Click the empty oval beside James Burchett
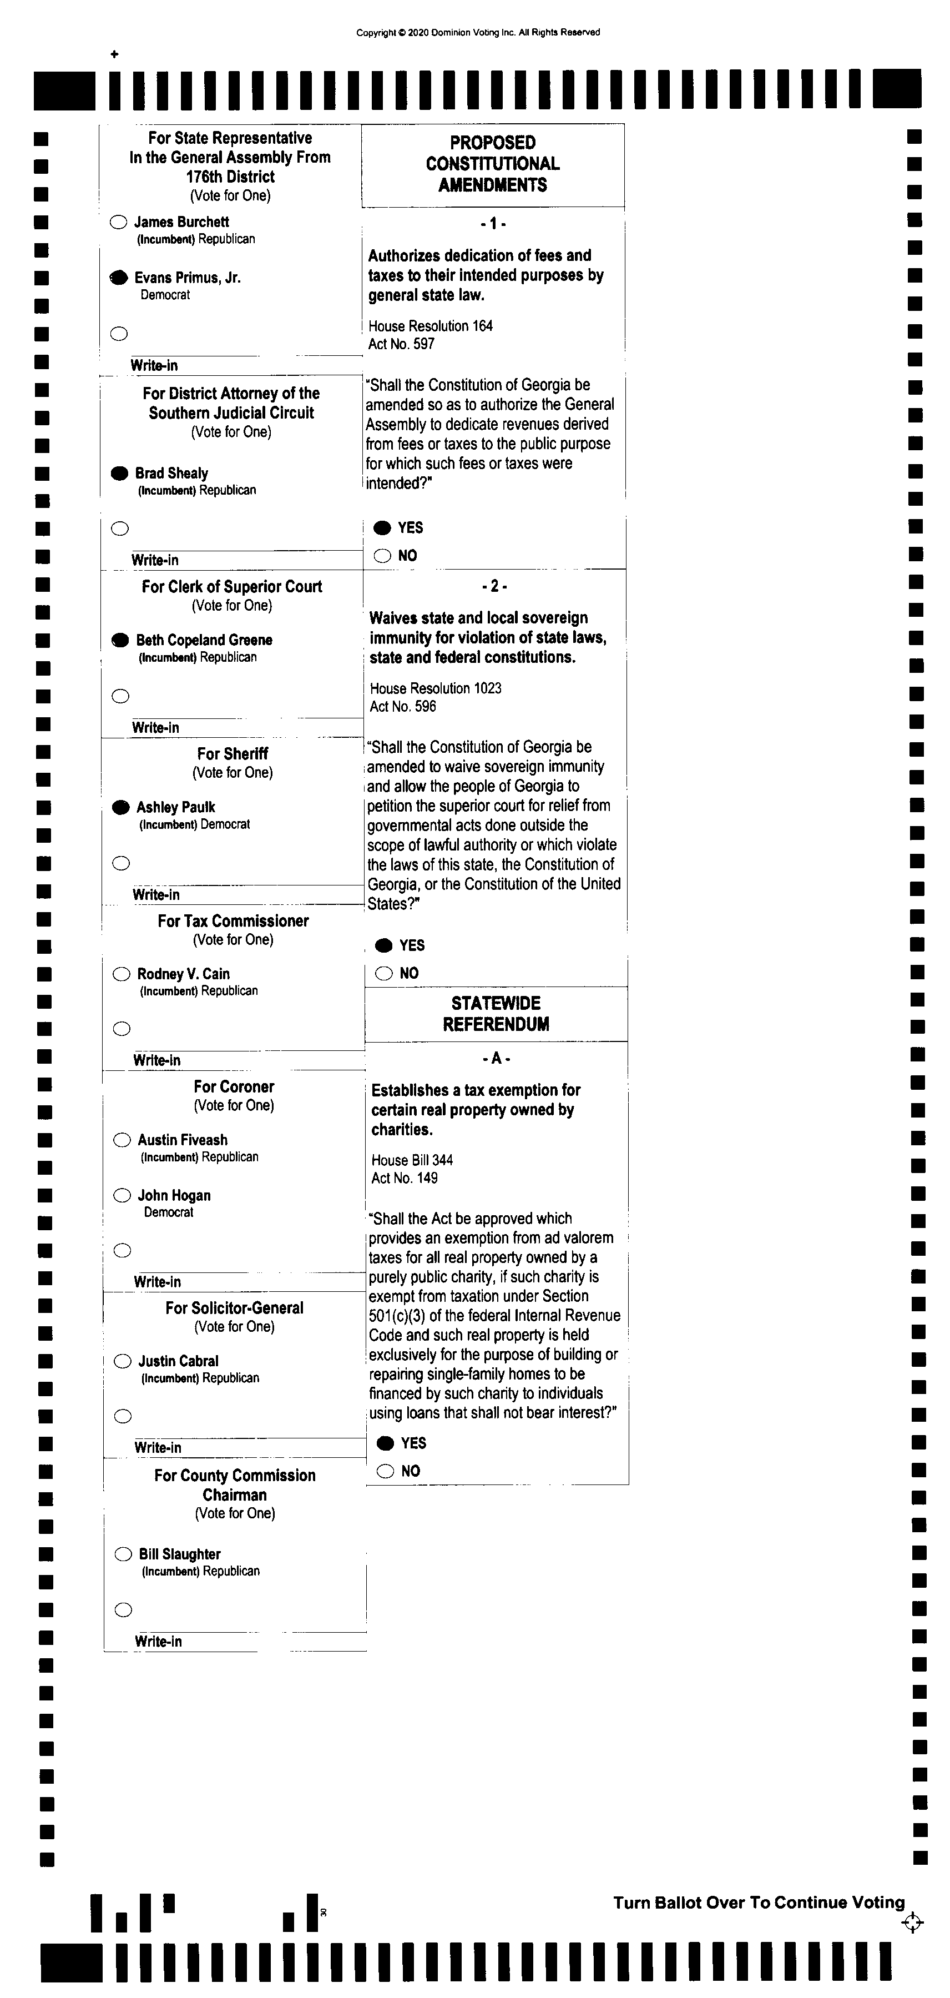coord(118,223)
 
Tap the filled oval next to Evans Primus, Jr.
coord(119,278)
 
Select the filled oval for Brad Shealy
coord(119,473)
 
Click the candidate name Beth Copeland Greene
coord(204,640)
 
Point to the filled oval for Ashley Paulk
coord(120,807)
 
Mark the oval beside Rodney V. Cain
coord(122,974)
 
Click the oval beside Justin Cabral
coord(123,1361)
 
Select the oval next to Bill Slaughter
coord(123,1554)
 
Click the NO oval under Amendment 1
coord(382,555)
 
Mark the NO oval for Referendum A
coord(386,1471)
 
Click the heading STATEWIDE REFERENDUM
coord(496,1014)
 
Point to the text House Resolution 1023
coord(435,688)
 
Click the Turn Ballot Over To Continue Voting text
coord(759,1903)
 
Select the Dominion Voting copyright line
coord(478,33)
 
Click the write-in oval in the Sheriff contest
coord(121,863)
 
